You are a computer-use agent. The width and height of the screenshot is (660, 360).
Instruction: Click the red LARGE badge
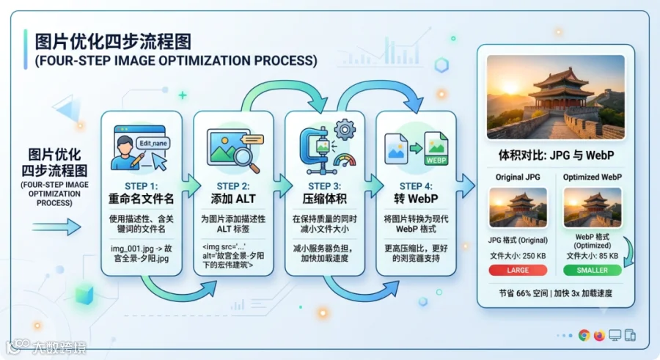(x=518, y=271)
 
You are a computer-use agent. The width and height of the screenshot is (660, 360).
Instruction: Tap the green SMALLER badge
(x=593, y=271)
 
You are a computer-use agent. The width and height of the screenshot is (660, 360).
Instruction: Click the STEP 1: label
(x=142, y=186)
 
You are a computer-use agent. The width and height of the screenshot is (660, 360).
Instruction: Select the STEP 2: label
(x=233, y=186)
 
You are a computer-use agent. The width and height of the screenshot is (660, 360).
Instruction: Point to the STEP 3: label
(x=325, y=186)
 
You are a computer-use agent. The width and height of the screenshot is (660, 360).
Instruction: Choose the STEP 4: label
(x=416, y=186)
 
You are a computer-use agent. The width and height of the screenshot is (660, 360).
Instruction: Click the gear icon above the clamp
(x=345, y=130)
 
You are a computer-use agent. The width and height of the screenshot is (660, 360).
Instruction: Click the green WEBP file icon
(x=436, y=149)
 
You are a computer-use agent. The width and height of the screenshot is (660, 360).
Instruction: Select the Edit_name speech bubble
(x=153, y=143)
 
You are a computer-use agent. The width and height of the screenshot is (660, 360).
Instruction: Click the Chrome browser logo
(x=584, y=335)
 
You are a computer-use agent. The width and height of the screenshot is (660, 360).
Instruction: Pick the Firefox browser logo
(x=599, y=335)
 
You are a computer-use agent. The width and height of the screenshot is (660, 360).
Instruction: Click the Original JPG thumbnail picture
(x=518, y=207)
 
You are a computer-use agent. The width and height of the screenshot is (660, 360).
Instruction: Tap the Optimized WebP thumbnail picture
(x=593, y=207)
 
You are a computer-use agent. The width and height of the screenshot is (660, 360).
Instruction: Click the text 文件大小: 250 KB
(x=518, y=256)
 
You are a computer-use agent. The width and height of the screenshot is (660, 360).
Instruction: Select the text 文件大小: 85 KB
(x=593, y=256)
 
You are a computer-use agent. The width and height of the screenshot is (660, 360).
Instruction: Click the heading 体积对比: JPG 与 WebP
(x=556, y=155)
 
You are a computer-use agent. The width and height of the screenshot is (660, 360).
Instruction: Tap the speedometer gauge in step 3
(x=345, y=161)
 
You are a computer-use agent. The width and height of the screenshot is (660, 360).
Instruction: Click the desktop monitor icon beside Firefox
(x=615, y=336)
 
